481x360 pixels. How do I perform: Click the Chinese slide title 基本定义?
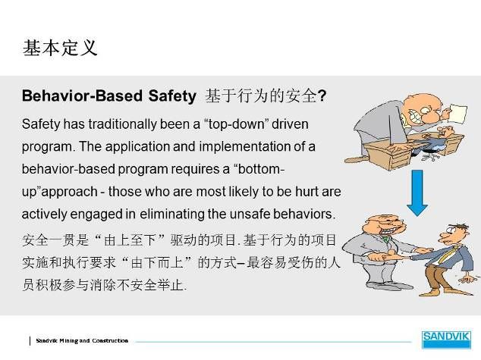pyautogui.click(x=60, y=48)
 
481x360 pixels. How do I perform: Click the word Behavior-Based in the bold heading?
pyautogui.click(x=82, y=95)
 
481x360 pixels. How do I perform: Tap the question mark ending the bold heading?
pyautogui.click(x=322, y=96)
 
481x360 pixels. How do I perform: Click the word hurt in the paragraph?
pyautogui.click(x=307, y=192)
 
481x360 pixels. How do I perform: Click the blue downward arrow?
pyautogui.click(x=417, y=193)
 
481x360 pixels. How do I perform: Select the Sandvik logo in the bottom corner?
pyautogui.click(x=446, y=340)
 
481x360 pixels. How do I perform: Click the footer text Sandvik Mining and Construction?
pyautogui.click(x=82, y=340)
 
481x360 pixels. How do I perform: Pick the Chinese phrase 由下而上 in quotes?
pyautogui.click(x=157, y=262)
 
